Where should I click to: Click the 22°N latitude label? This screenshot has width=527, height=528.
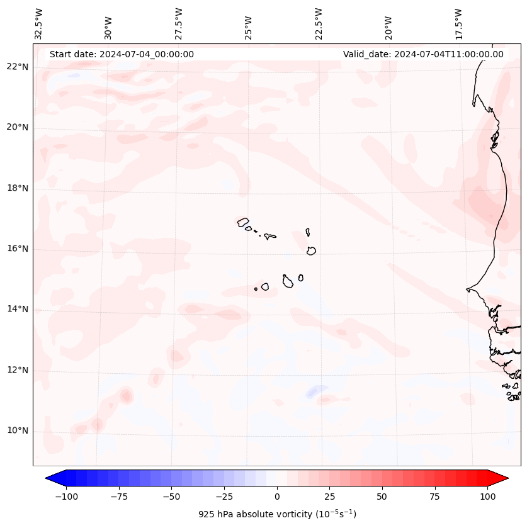(x=18, y=67)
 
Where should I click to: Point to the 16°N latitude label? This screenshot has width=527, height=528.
(x=18, y=249)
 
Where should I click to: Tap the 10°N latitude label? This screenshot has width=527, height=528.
(x=18, y=430)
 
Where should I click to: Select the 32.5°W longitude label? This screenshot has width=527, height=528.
(x=39, y=23)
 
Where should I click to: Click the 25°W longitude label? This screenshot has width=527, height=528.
(x=249, y=25)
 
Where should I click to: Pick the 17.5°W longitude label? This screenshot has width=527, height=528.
(x=458, y=23)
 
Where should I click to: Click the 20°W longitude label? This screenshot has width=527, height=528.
(x=388, y=25)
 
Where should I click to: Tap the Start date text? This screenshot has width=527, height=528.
(x=122, y=54)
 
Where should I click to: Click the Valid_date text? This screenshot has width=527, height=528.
(x=423, y=54)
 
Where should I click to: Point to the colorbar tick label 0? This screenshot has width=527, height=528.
(x=277, y=497)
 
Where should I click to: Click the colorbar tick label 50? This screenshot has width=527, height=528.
(x=382, y=497)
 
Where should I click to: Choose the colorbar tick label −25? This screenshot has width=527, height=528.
(x=224, y=497)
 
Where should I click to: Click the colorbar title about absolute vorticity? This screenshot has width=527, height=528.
(x=277, y=514)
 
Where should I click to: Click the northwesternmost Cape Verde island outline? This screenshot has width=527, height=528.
(x=243, y=222)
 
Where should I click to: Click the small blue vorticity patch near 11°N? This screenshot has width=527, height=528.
(x=313, y=392)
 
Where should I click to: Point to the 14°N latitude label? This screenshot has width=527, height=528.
(x=18, y=309)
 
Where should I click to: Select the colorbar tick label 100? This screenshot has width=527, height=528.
(x=487, y=497)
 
